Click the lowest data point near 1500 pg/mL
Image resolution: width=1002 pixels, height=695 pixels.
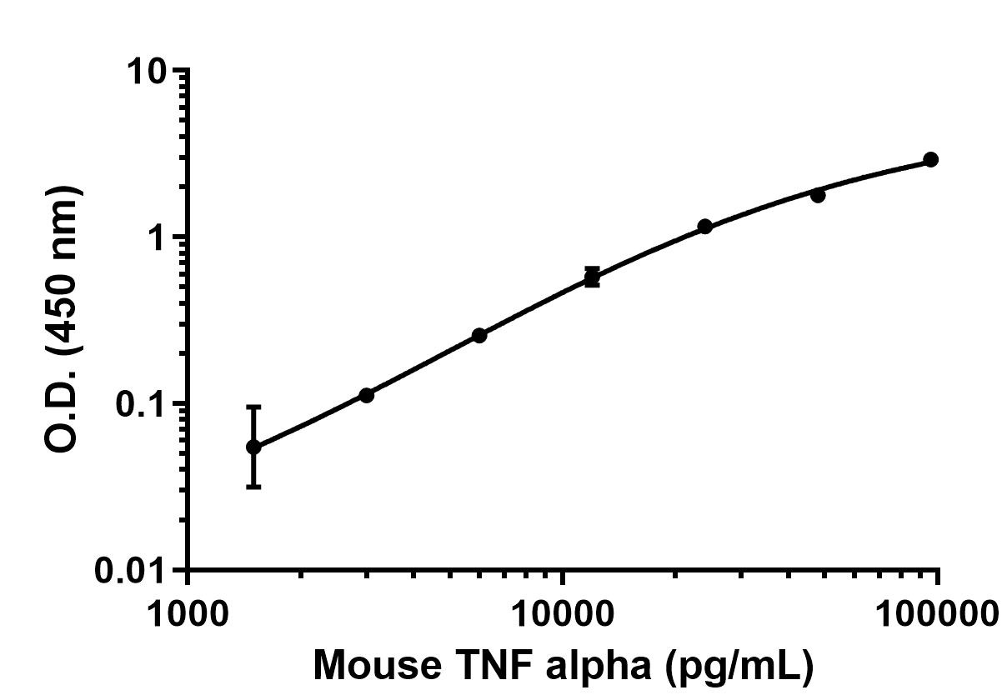point(253,447)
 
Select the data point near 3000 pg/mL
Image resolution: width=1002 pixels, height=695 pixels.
point(366,395)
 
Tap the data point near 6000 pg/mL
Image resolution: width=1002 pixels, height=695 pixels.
point(479,335)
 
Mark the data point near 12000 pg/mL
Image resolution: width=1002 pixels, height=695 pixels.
point(592,277)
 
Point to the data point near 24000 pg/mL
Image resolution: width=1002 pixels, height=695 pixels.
point(705,227)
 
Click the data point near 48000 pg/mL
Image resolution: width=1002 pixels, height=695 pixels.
point(818,195)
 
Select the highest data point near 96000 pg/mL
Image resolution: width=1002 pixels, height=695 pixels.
point(931,159)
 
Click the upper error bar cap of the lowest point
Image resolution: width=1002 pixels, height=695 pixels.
point(253,407)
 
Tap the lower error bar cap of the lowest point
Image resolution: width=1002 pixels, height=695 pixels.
point(253,486)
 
